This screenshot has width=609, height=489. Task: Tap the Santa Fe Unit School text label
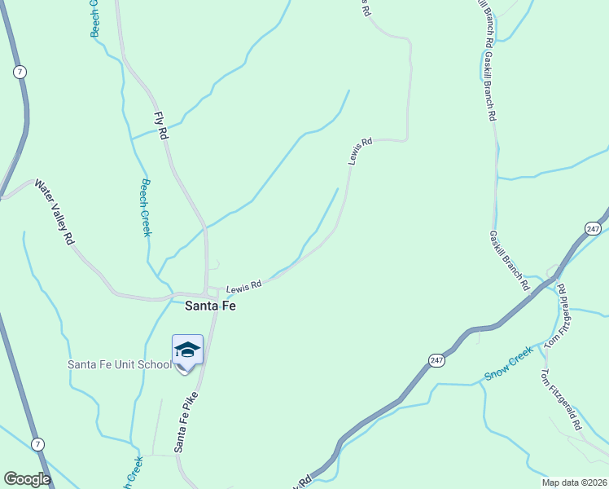pyautogui.click(x=119, y=364)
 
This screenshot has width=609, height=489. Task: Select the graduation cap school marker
pyautogui.click(x=187, y=350)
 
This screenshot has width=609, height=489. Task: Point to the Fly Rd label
pyautogui.click(x=162, y=124)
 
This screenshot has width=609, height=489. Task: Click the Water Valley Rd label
pyautogui.click(x=54, y=214)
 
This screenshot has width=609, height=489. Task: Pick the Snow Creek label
pyautogui.click(x=508, y=363)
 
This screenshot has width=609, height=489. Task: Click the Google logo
pyautogui.click(x=27, y=479)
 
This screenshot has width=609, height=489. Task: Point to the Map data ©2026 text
pyautogui.click(x=573, y=482)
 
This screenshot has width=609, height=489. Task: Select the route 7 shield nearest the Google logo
pyautogui.click(x=37, y=443)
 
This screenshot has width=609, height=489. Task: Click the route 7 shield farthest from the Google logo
pyautogui.click(x=20, y=73)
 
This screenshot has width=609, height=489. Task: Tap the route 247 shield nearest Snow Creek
pyautogui.click(x=436, y=359)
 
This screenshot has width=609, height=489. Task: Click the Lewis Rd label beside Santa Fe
pyautogui.click(x=243, y=286)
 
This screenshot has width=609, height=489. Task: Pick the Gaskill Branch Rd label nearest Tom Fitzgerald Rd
pyautogui.click(x=509, y=262)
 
